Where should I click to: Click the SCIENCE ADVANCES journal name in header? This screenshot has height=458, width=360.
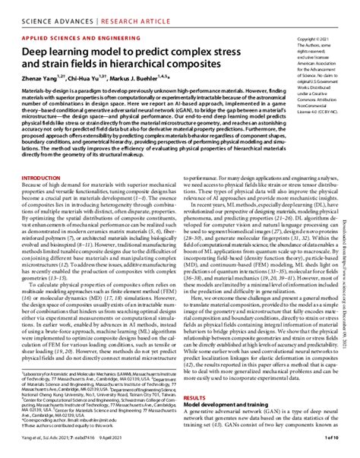pos(46,11)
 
